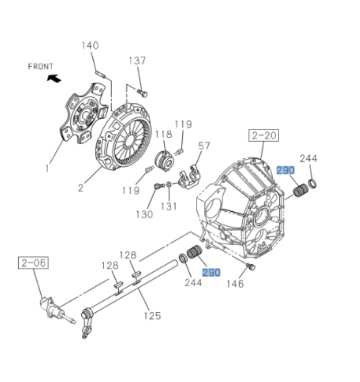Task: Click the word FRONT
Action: (x=41, y=66)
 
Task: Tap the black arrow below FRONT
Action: (x=54, y=79)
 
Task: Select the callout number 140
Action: (x=90, y=45)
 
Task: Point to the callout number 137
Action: (x=138, y=61)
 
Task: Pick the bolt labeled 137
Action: (x=143, y=93)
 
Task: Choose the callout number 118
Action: (x=164, y=134)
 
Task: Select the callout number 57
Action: (x=204, y=145)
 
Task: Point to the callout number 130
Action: (x=144, y=214)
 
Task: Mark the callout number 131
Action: (x=169, y=206)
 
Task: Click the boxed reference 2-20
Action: (x=264, y=136)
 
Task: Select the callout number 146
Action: (x=235, y=284)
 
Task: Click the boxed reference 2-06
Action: (x=34, y=263)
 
